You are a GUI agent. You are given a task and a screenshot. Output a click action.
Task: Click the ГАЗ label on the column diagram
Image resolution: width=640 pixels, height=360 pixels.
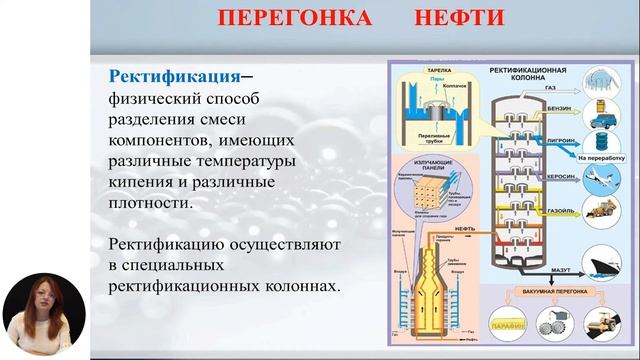pos(549,88)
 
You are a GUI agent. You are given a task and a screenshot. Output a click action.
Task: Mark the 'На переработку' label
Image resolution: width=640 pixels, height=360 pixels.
pos(600,156)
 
